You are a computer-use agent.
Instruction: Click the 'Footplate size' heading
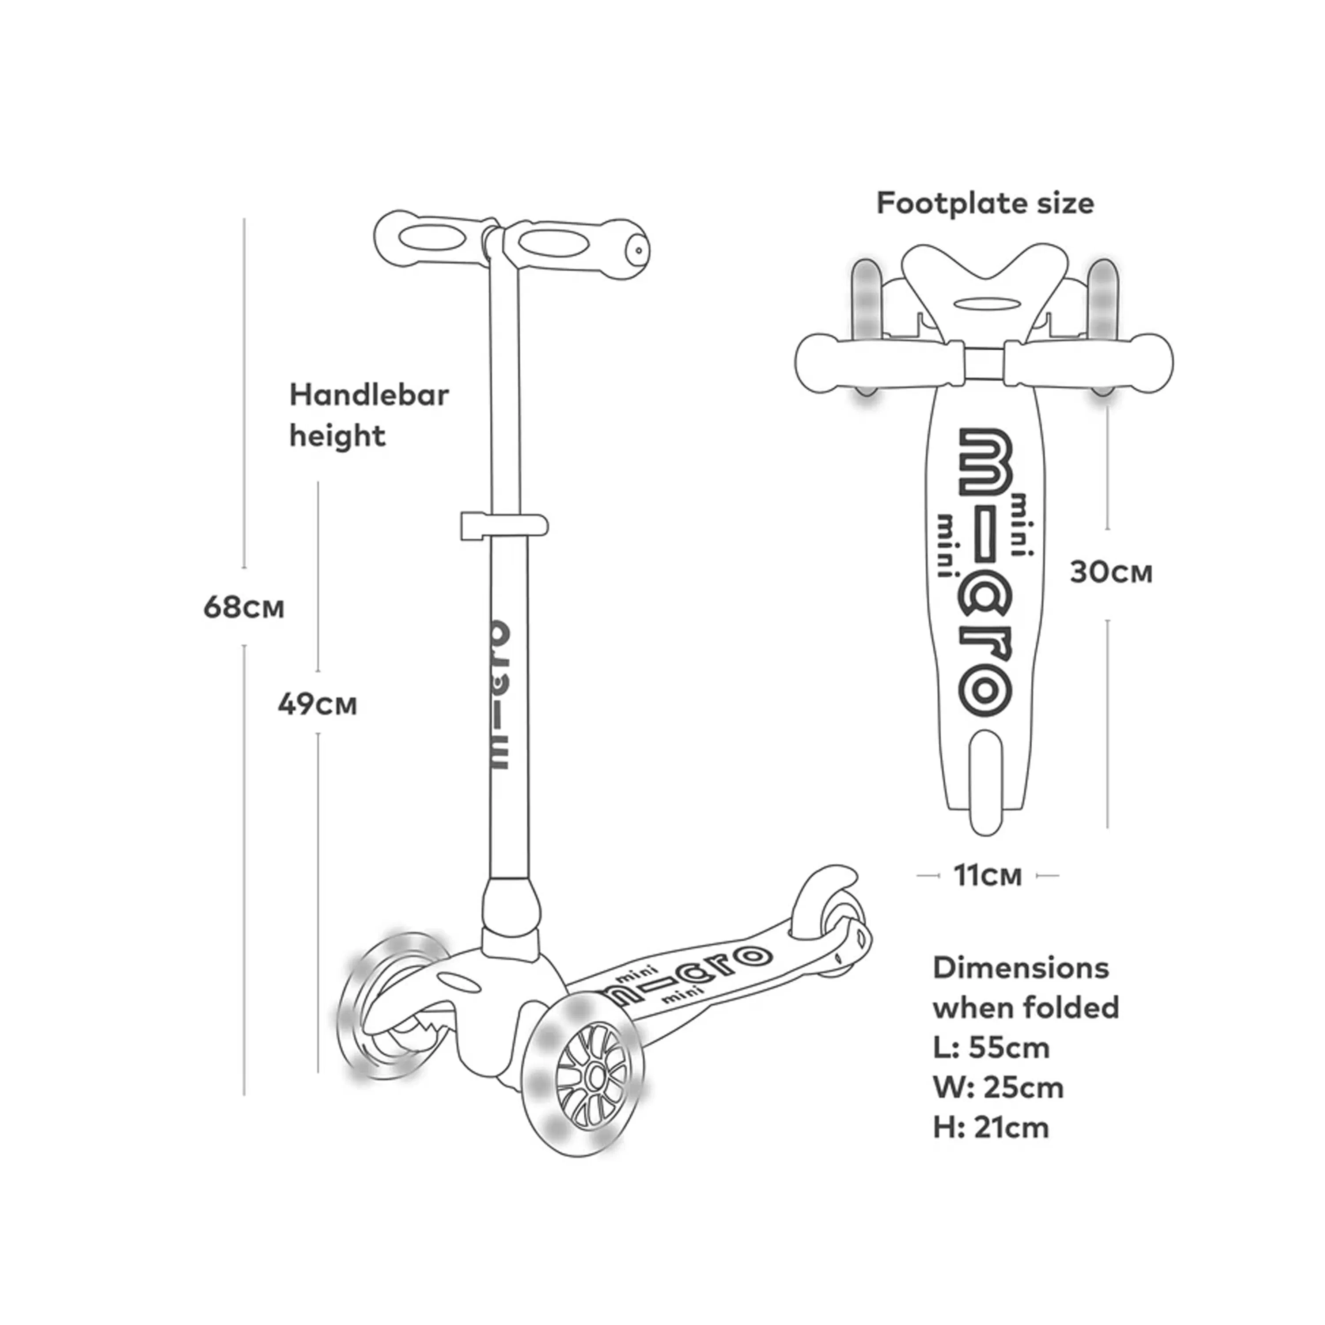click(x=985, y=204)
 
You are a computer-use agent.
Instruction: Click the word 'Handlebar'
click(x=369, y=395)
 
